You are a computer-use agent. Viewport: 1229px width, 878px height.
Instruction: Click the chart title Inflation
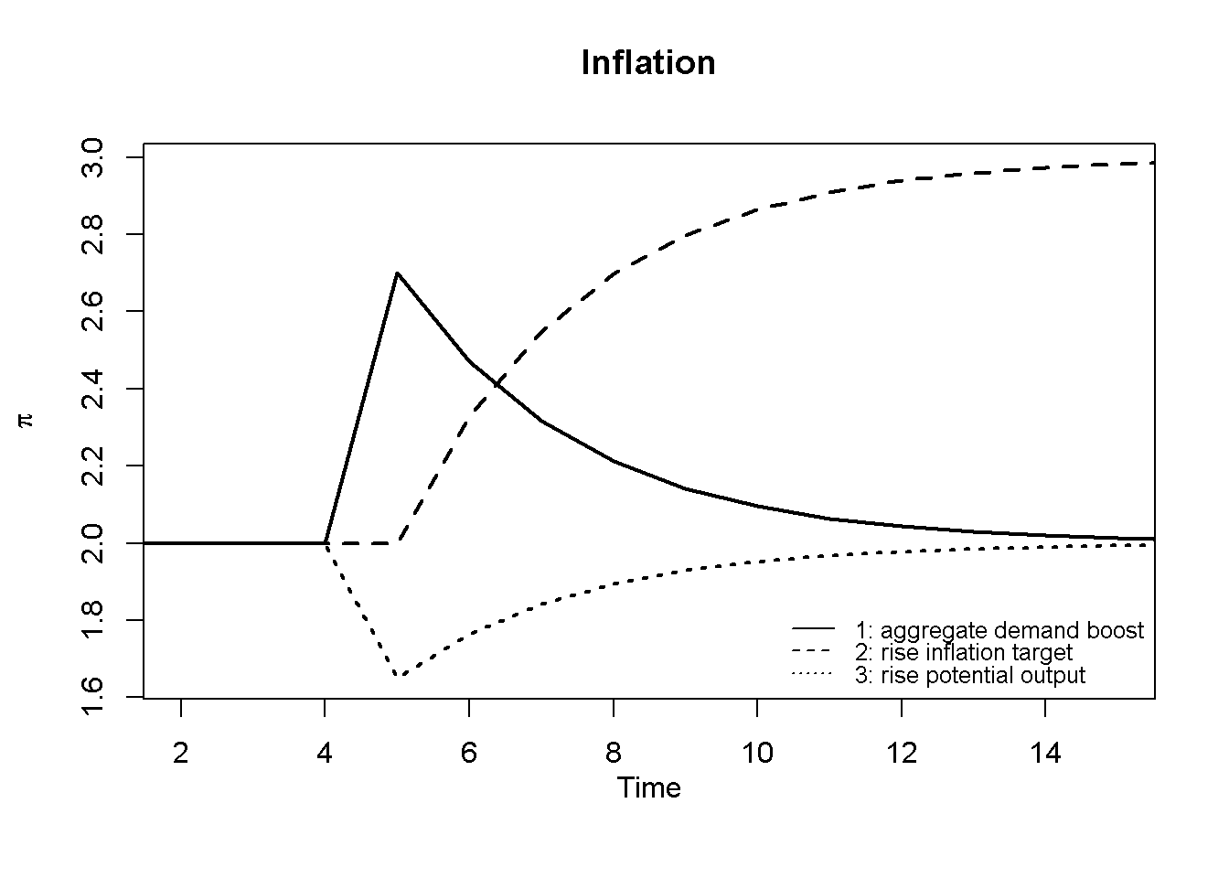pos(648,63)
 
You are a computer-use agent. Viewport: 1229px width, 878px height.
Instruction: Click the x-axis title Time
pos(648,787)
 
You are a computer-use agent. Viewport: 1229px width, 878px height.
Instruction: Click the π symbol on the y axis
pos(27,420)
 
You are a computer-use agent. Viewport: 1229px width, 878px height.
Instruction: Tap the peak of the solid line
pos(398,273)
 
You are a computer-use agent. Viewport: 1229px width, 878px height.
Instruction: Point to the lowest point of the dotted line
pos(398,677)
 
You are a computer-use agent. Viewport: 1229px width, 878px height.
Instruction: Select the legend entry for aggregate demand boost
pos(999,630)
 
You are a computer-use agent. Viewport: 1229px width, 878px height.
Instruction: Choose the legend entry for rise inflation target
pos(963,652)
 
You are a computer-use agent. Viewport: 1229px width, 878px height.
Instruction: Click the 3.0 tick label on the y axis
pos(93,158)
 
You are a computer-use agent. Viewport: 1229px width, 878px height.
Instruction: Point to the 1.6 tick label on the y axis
pos(93,697)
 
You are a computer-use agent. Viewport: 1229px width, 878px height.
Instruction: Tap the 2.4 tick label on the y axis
pos(93,389)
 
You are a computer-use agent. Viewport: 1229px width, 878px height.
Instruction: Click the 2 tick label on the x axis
pos(181,754)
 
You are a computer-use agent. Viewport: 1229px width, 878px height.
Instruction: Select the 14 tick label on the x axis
pos(1045,754)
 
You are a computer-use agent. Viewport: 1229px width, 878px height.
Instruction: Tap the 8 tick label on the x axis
pos(614,754)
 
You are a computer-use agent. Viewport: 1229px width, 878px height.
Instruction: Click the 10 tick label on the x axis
pos(757,754)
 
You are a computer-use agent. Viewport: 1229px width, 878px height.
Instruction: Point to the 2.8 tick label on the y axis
pos(93,235)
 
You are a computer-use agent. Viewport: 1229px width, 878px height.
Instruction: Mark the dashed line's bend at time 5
pos(398,542)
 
